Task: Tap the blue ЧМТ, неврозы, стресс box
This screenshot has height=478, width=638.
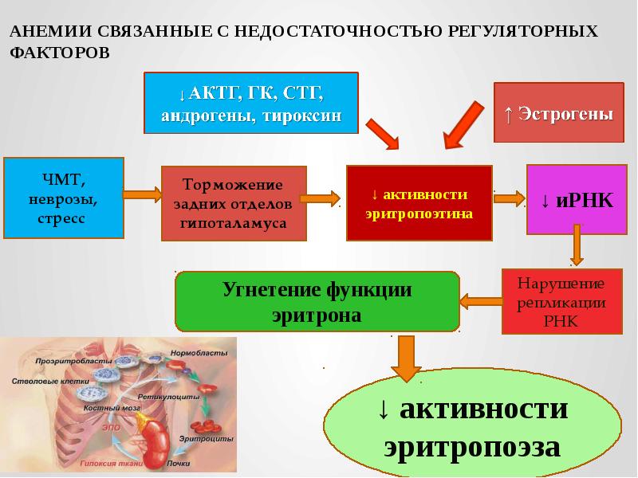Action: (x=64, y=198)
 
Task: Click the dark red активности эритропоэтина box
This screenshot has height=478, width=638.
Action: (x=419, y=204)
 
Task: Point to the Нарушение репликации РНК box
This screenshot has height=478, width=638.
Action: (x=561, y=301)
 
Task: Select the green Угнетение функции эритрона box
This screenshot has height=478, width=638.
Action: (x=317, y=301)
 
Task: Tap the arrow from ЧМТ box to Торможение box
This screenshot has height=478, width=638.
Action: (x=143, y=193)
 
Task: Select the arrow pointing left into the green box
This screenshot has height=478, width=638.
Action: (x=480, y=300)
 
